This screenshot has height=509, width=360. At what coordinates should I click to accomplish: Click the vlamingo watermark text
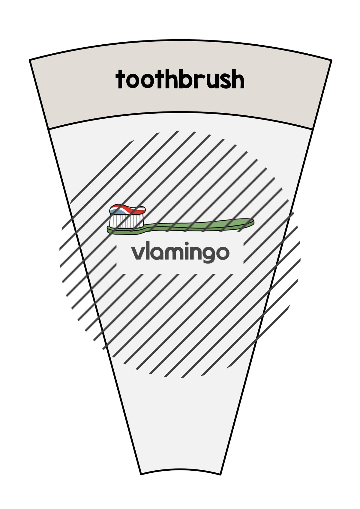(x=180, y=252)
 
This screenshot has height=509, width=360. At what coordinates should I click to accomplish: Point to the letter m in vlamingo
(x=174, y=253)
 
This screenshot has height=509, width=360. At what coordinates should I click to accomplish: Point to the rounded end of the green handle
(x=252, y=222)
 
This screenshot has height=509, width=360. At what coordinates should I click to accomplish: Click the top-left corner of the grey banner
(x=30, y=60)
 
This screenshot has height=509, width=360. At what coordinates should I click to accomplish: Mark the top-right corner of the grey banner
(x=331, y=60)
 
